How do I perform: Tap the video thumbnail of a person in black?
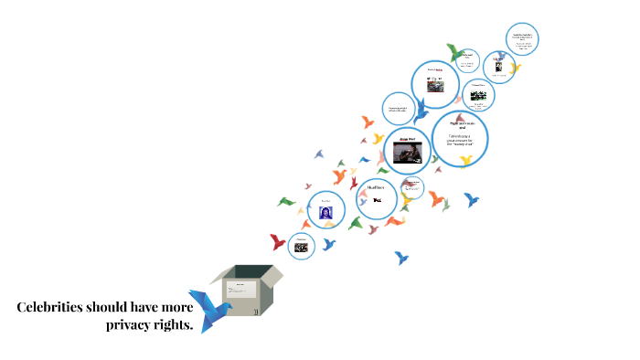(408, 151)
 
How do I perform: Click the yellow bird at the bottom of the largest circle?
(466, 161)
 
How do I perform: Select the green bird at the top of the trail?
(454, 52)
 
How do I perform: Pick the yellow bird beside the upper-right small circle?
(515, 68)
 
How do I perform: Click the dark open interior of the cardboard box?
(249, 272)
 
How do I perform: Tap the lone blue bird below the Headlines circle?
(401, 258)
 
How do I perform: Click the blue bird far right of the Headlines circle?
(471, 199)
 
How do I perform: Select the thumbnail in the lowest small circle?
(301, 247)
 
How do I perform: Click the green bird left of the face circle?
(287, 201)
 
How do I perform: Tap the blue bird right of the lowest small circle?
(329, 244)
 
